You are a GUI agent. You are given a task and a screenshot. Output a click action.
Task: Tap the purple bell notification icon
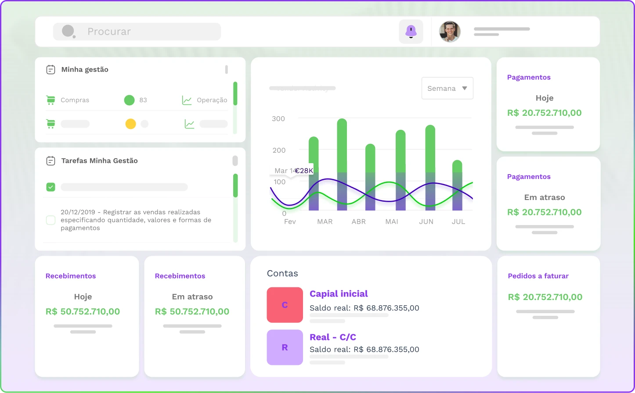411,32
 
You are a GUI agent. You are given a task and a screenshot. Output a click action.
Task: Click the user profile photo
450,32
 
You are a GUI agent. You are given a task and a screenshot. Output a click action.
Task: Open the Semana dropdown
447,88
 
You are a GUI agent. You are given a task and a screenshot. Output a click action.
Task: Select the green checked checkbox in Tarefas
51,187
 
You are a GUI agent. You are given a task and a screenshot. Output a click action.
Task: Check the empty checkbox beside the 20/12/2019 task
51,220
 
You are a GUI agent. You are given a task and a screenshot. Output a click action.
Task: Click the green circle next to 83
129,100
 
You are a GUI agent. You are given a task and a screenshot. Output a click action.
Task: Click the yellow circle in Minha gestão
130,124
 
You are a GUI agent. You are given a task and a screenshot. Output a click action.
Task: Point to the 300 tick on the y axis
278,118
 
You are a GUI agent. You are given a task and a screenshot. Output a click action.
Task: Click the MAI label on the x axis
392,222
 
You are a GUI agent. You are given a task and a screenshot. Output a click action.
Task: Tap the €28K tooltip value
303,171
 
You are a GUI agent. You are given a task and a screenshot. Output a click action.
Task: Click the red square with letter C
285,305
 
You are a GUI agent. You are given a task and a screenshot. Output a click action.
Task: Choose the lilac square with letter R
285,347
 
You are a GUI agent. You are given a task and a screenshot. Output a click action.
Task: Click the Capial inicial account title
339,294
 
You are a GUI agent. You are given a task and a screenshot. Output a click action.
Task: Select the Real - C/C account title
333,337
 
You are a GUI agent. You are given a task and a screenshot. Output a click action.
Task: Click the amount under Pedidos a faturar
545,297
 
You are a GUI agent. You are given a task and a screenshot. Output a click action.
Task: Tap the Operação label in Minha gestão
212,100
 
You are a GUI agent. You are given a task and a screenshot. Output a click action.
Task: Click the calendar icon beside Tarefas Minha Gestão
51,161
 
